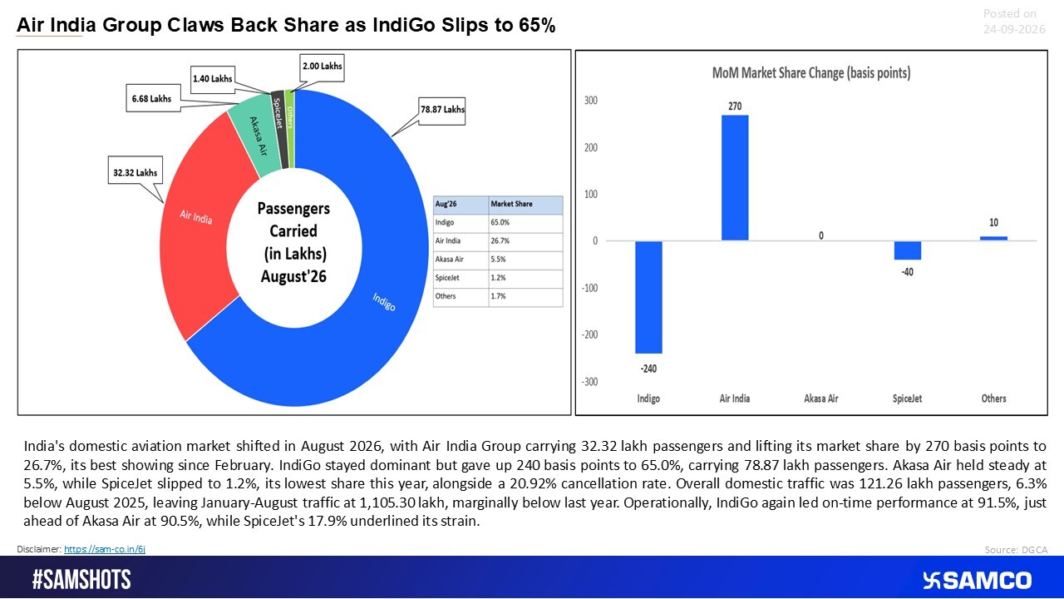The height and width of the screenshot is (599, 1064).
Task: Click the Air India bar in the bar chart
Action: (x=735, y=178)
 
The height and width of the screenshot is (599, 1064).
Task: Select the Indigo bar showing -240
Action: (x=649, y=297)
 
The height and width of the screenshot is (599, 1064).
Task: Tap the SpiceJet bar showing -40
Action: (x=907, y=250)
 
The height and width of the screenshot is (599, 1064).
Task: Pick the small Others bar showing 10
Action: (x=993, y=238)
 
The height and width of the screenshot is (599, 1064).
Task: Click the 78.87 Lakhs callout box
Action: (x=441, y=111)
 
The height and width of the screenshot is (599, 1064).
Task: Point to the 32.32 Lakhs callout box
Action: (x=135, y=170)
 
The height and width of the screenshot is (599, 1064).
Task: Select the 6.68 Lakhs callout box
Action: (x=153, y=98)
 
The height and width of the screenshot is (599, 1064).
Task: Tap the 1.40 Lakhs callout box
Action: (x=213, y=79)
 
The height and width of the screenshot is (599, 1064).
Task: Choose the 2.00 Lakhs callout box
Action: (x=322, y=67)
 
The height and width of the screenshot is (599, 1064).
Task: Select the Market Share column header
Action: (x=511, y=204)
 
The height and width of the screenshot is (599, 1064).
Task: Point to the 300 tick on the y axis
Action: (x=591, y=101)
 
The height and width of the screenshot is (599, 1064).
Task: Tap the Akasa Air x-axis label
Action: (x=820, y=399)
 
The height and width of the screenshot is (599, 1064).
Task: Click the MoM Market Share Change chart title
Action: (x=811, y=73)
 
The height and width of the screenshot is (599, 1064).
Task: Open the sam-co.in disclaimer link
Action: (x=105, y=549)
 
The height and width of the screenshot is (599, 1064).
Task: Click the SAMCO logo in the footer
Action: (x=977, y=581)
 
